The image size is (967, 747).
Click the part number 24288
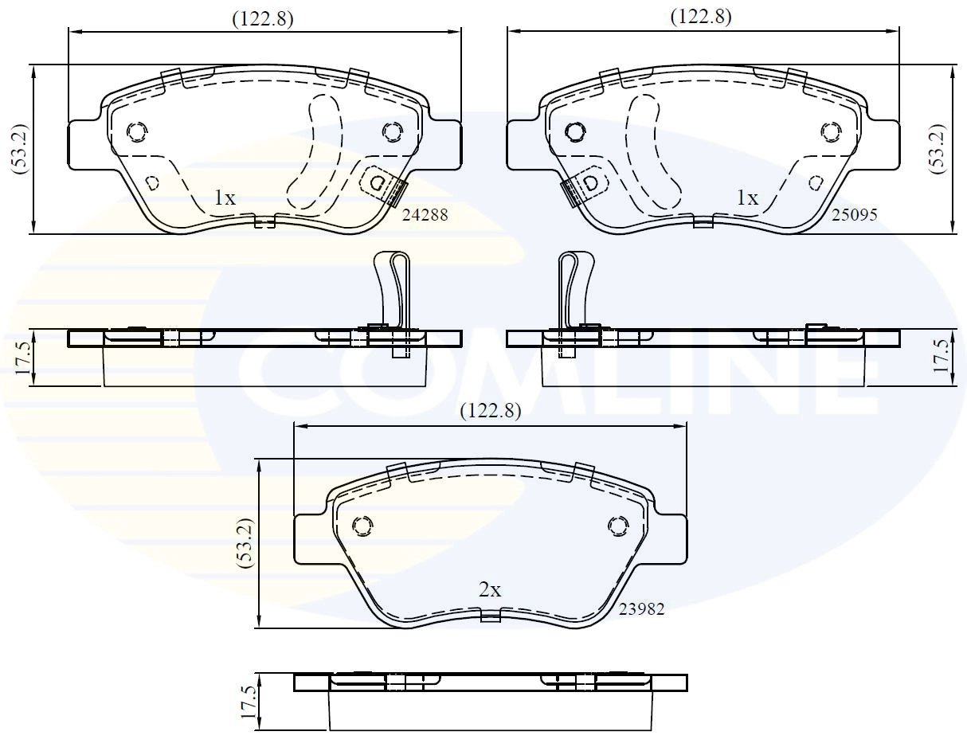coord(425,215)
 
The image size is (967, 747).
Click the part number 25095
coord(855,215)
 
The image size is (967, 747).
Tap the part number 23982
coord(641,608)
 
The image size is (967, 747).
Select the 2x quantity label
coord(490,590)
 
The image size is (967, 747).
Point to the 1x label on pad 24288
coord(225,198)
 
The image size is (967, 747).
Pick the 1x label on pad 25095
coord(748,198)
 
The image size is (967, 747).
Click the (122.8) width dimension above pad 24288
coord(263,19)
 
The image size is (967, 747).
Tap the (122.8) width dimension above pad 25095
coord(701,17)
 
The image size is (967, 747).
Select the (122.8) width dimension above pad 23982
coord(491,411)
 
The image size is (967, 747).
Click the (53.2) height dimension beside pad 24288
coord(21,150)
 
